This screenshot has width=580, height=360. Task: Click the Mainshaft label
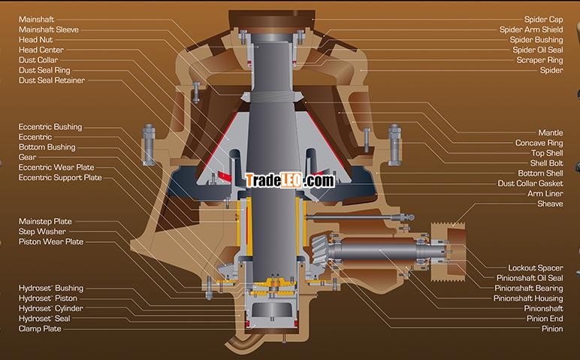tap(36, 20)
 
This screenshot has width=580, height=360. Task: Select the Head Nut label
tap(35, 40)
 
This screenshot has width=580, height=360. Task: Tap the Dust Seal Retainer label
tap(52, 80)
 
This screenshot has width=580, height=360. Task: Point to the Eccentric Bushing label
tap(50, 127)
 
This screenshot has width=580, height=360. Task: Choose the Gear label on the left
tap(27, 157)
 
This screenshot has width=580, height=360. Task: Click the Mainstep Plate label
tap(45, 221)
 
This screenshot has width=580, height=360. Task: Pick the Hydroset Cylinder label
tap(51, 308)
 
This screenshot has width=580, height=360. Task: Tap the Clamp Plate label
tap(40, 328)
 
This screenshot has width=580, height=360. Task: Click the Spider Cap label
tap(543, 20)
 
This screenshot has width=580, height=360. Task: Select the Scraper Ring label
tap(539, 60)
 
